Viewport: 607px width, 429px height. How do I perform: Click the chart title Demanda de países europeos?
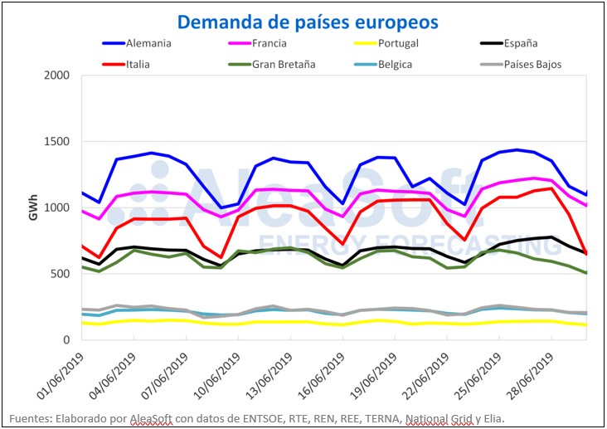coord(308,20)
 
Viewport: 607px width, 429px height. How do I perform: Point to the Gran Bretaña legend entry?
coord(283,63)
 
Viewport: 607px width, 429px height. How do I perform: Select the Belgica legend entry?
coord(394,63)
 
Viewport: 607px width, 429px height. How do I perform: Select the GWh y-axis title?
coord(32,207)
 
